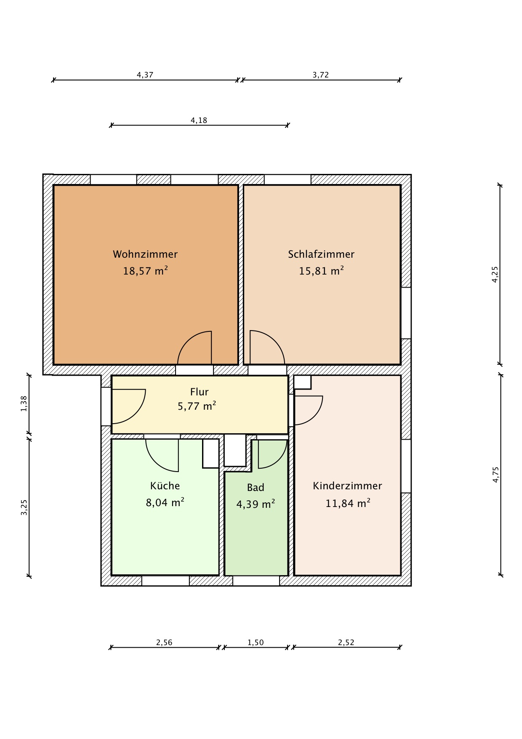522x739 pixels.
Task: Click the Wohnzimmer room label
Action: pyautogui.click(x=145, y=254)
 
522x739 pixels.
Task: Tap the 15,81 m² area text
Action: pyautogui.click(x=321, y=271)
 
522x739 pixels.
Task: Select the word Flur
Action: pyautogui.click(x=200, y=392)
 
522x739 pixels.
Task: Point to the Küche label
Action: pyautogui.click(x=165, y=486)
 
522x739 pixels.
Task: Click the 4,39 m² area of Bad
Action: pyautogui.click(x=256, y=504)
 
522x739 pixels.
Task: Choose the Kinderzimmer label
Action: pyautogui.click(x=347, y=486)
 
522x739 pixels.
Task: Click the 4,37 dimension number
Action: pyautogui.click(x=145, y=75)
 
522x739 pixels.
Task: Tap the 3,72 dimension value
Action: pyautogui.click(x=320, y=75)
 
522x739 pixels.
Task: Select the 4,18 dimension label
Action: pyautogui.click(x=199, y=120)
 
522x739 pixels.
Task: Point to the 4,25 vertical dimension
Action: pyautogui.click(x=495, y=274)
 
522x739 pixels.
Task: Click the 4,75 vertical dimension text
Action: pyautogui.click(x=495, y=475)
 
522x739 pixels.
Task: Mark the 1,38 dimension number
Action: pyautogui.click(x=24, y=403)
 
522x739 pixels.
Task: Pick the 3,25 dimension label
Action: pyautogui.click(x=24, y=507)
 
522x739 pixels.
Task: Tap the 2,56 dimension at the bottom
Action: pyautogui.click(x=164, y=643)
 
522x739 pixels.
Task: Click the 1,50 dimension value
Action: pyautogui.click(x=256, y=643)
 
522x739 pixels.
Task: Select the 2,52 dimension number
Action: pyautogui.click(x=346, y=643)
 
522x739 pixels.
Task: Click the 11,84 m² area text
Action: pyautogui.click(x=348, y=503)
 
